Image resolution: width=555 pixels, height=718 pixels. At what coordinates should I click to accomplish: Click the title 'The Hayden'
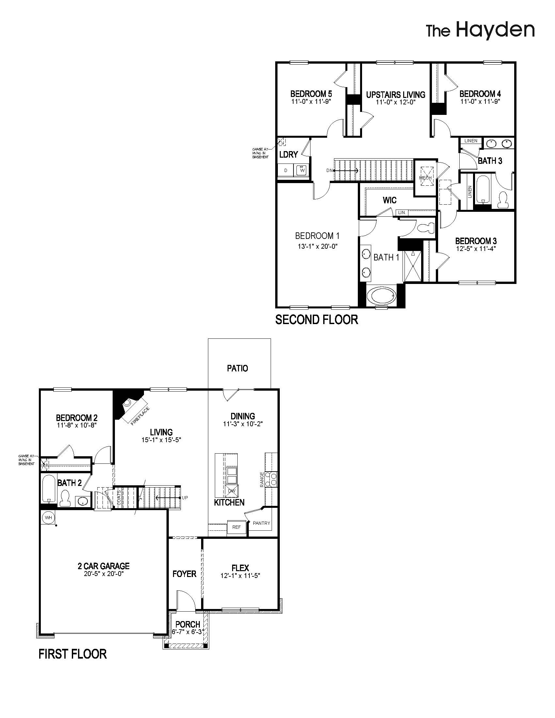click(480, 31)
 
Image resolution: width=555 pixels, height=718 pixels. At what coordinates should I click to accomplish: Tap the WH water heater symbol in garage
click(49, 518)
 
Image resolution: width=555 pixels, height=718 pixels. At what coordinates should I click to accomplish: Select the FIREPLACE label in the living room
click(140, 416)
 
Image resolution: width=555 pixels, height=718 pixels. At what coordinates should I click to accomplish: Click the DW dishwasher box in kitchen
click(232, 491)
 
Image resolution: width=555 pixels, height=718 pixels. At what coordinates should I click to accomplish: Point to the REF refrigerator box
click(237, 527)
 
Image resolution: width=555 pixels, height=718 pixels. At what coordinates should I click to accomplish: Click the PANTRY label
click(262, 523)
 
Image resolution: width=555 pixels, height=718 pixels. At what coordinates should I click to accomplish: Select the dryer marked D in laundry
click(286, 170)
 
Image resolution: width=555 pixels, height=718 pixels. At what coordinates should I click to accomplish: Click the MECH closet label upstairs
click(425, 178)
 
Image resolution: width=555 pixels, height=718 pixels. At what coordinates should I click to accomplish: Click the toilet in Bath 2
click(65, 499)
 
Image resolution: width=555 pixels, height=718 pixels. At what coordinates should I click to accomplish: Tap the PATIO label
click(237, 368)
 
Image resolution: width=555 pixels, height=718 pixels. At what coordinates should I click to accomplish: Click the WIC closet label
click(389, 200)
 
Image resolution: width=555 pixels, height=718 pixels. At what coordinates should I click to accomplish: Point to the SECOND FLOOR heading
click(317, 320)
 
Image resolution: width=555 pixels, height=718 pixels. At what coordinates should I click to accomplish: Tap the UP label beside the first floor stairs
click(185, 498)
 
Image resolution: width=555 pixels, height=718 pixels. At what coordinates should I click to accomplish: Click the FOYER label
click(184, 574)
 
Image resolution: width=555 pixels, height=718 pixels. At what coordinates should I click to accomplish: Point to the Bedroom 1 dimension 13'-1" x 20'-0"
click(318, 246)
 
